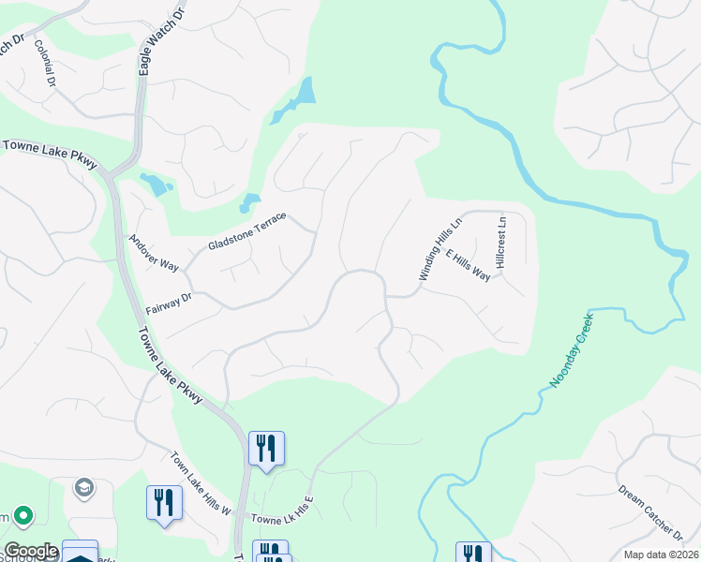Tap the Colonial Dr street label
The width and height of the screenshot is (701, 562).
(x=46, y=63)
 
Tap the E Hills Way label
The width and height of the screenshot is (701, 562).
(x=469, y=265)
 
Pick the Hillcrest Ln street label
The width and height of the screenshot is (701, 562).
(x=501, y=242)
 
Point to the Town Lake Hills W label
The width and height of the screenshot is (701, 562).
(x=201, y=484)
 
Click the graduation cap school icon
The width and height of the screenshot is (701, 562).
(x=83, y=488)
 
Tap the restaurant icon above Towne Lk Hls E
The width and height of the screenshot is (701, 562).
(x=266, y=448)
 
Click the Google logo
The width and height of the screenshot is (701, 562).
(x=30, y=551)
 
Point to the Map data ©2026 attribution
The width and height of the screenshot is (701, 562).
(x=659, y=555)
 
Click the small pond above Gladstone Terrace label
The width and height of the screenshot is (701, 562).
(x=249, y=201)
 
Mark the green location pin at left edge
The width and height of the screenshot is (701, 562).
(x=22, y=516)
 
